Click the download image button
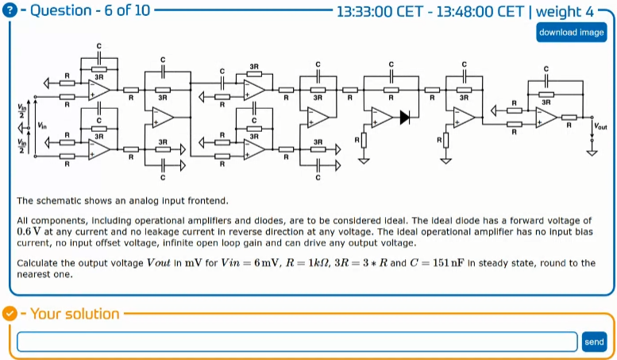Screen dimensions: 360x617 pos(571,33)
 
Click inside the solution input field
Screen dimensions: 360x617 pos(296,342)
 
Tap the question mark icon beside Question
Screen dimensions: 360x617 pos(10,11)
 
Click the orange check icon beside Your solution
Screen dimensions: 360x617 pos(10,313)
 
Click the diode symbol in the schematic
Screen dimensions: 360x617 pos(404,117)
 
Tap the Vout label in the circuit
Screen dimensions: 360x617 pos(600,125)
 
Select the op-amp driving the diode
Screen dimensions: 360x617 pos(381,117)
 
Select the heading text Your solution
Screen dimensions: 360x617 pos(75,313)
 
